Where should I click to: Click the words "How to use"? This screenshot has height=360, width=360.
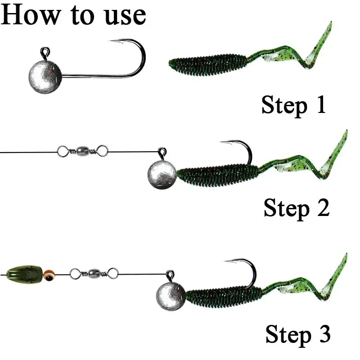click(x=73, y=15)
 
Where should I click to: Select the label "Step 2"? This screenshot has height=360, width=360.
click(x=296, y=208)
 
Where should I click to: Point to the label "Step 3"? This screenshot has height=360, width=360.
click(x=297, y=334)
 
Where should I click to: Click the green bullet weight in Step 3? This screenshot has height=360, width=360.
click(x=25, y=273)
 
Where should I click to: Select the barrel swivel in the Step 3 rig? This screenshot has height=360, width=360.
click(x=94, y=272)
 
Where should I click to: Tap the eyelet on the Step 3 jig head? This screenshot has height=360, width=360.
click(x=170, y=274)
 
